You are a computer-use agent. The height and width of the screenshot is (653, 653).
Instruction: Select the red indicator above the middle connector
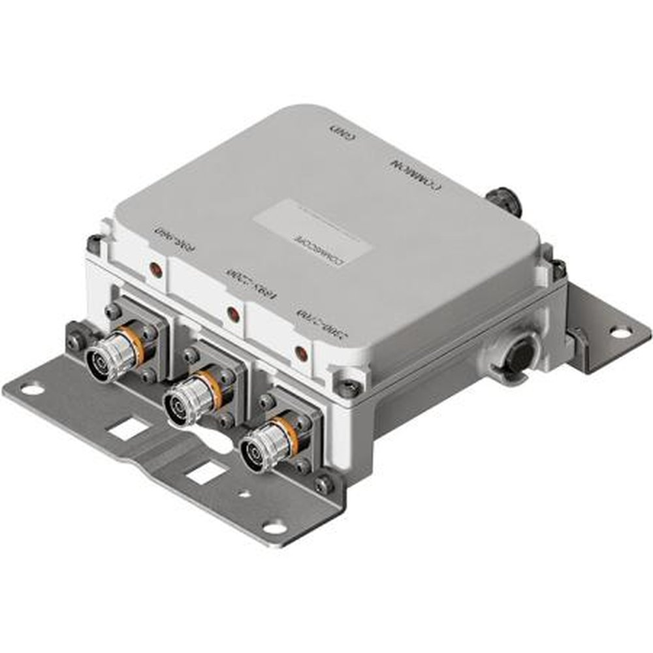pyautogui.click(x=231, y=313)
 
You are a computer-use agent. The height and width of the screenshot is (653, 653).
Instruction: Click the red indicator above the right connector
pyautogui.click(x=301, y=353)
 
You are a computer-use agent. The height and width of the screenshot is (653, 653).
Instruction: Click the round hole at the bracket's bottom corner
pyautogui.click(x=275, y=527)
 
